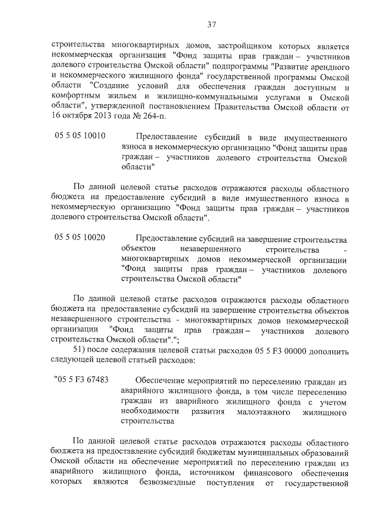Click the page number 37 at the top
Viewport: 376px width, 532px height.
[212, 24]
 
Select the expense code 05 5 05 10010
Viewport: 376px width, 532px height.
[80, 135]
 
